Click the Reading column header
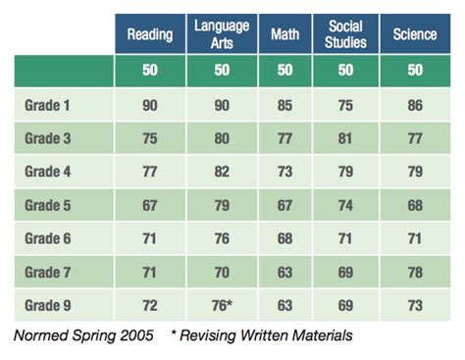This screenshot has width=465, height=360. pyautogui.click(x=150, y=34)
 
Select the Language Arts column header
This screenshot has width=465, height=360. pyautogui.click(x=221, y=34)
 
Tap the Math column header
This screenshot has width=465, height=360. pyautogui.click(x=284, y=34)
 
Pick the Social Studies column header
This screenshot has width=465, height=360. pyautogui.click(x=346, y=34)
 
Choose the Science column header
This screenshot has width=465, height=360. pyautogui.click(x=415, y=34)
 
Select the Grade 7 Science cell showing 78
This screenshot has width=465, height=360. pyautogui.click(x=415, y=272)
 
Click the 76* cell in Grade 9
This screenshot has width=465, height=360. pyautogui.click(x=223, y=305)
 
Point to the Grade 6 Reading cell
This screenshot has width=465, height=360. pyautogui.click(x=150, y=237)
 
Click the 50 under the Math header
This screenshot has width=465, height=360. pyautogui.click(x=284, y=70)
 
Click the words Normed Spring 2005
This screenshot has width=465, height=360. pyautogui.click(x=83, y=335)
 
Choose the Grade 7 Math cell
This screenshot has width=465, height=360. pyautogui.click(x=284, y=272)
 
